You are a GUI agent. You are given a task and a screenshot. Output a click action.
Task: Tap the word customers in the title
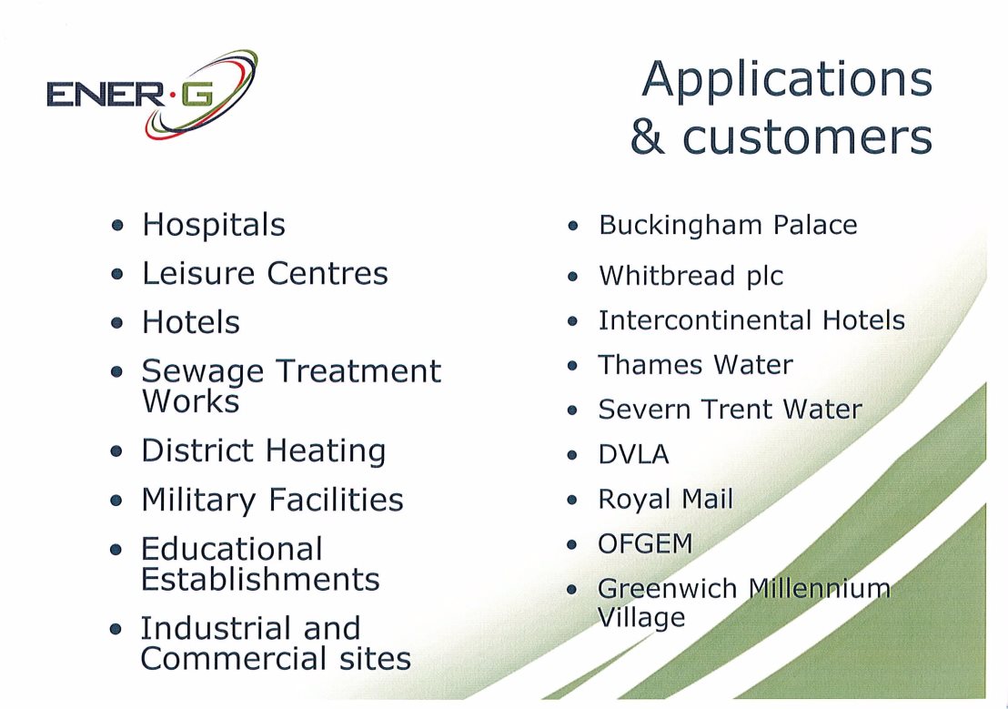807,137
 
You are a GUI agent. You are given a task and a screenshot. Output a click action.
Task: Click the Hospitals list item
214,225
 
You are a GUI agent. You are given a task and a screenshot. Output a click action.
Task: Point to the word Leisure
198,273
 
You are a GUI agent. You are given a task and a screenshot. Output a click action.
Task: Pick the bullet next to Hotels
116,322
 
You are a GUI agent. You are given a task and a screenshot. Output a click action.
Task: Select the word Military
198,501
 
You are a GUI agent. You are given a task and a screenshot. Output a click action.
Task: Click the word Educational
231,549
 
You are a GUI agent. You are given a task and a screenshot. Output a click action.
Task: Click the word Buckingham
680,226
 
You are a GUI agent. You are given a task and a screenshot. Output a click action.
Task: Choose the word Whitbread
667,276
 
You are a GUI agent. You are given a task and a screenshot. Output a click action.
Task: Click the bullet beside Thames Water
572,366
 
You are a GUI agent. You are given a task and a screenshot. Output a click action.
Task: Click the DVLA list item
633,454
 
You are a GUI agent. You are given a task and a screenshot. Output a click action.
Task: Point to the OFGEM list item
645,543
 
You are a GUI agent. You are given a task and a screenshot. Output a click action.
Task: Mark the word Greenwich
667,588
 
